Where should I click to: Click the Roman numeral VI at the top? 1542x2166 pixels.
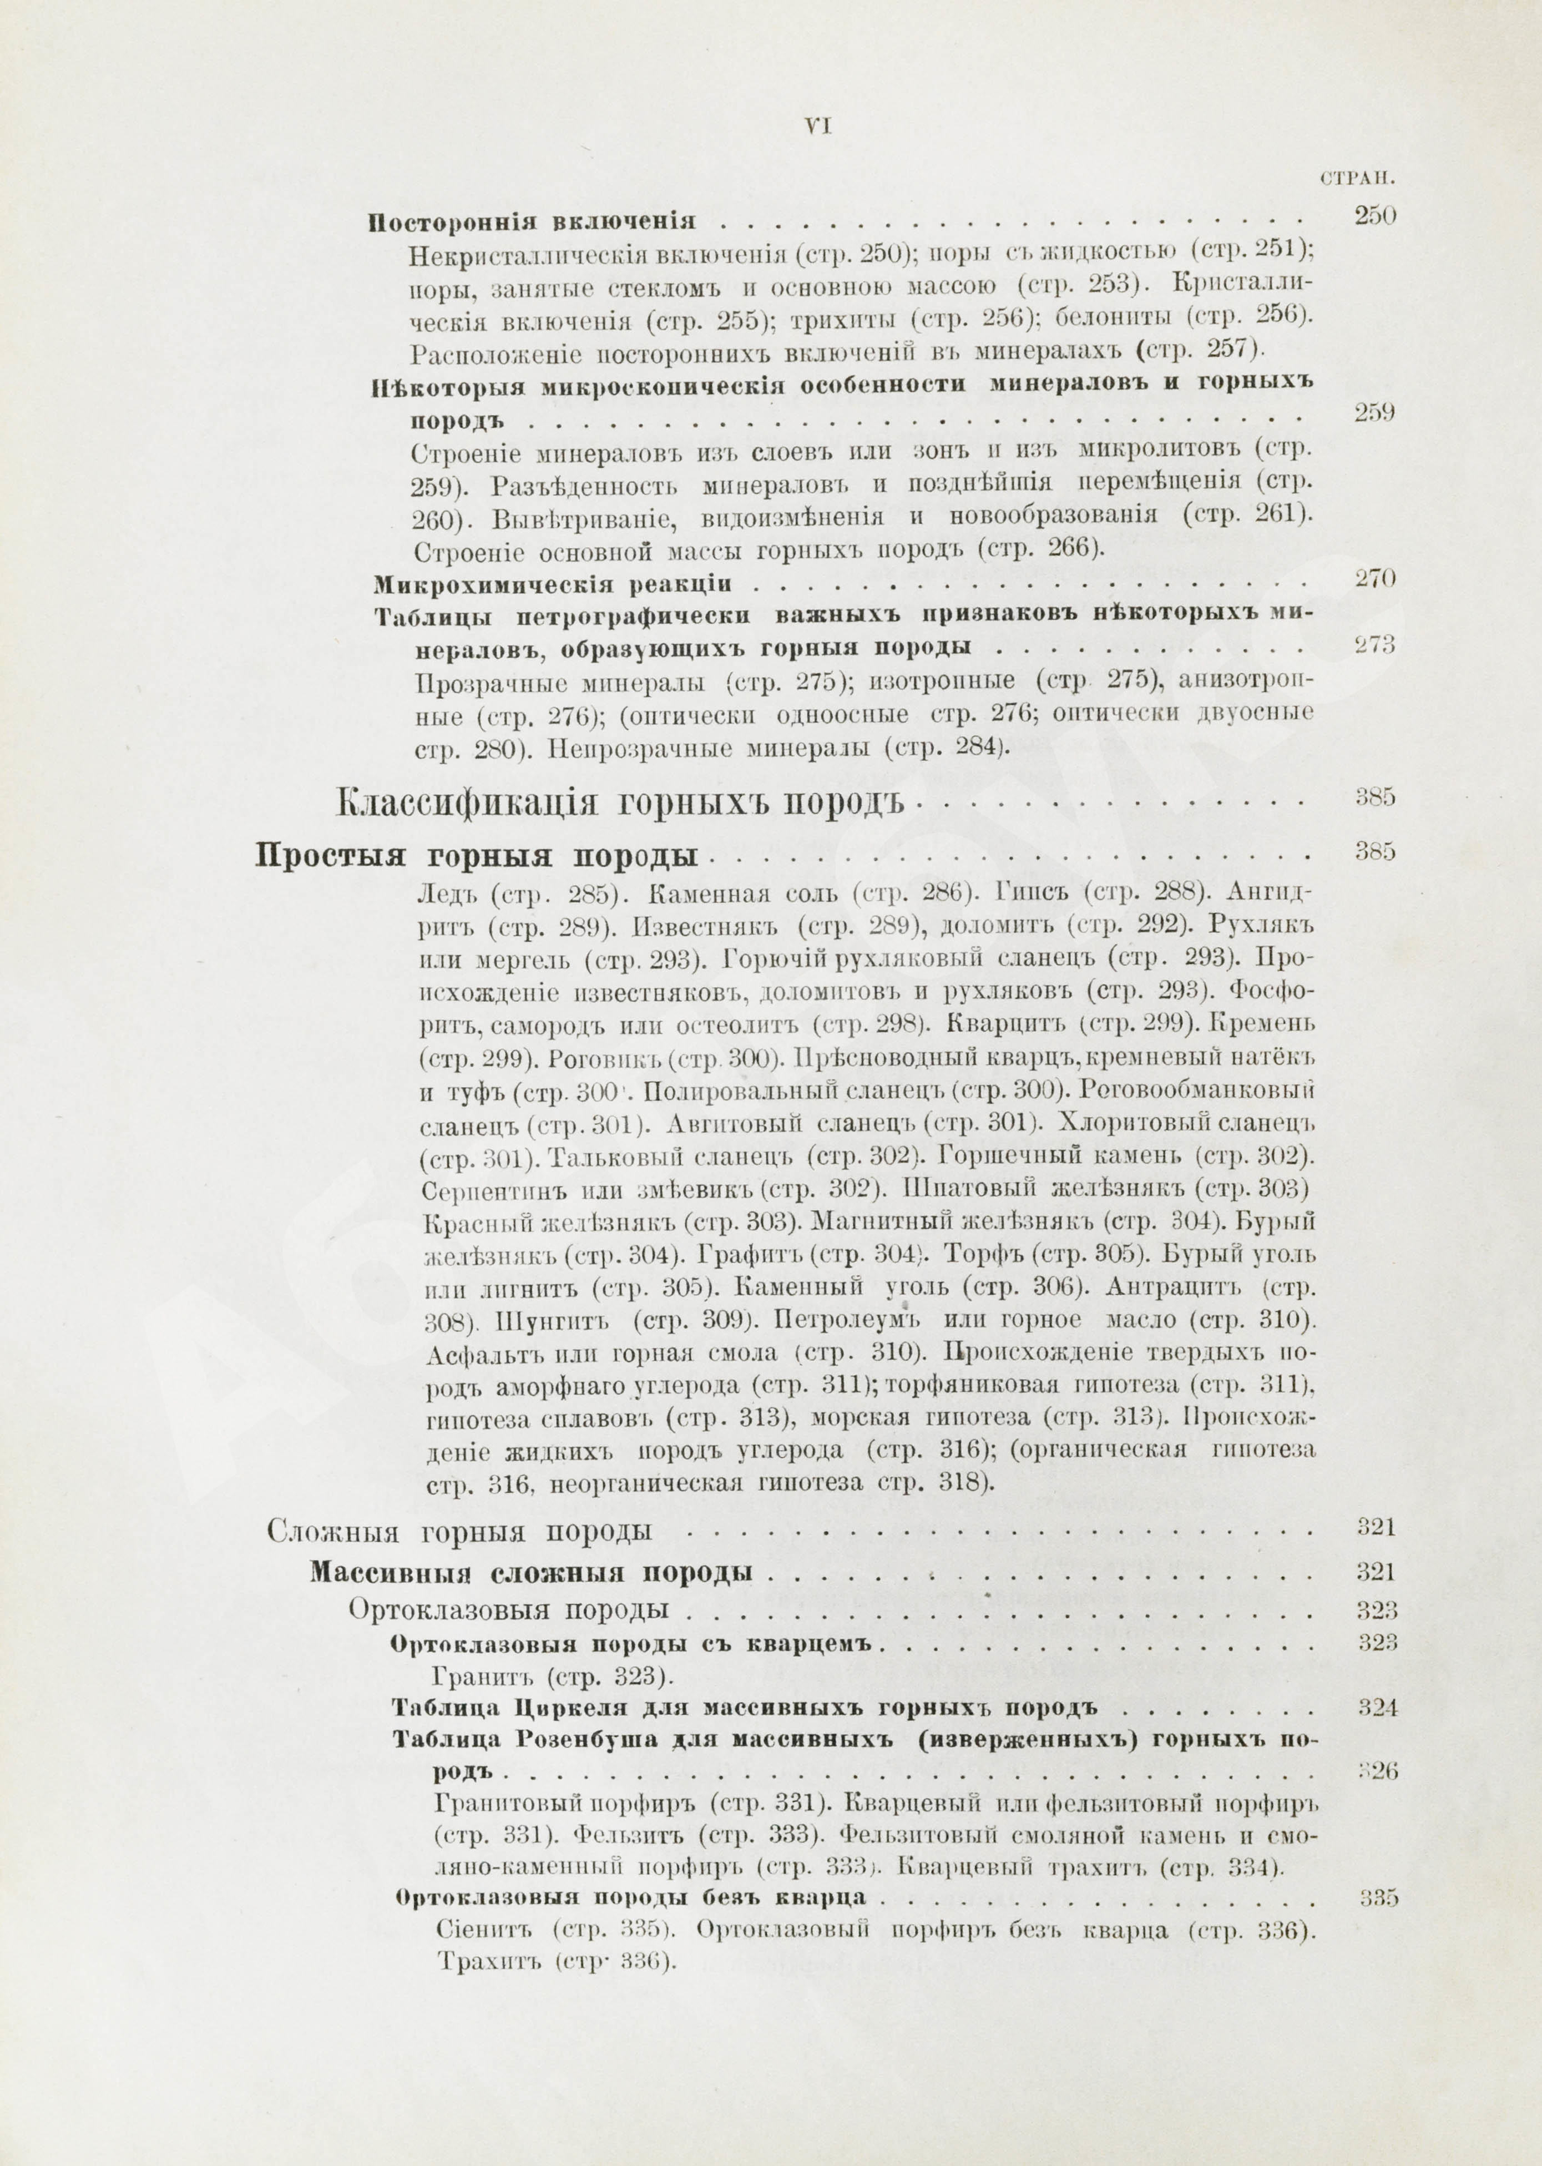point(817,127)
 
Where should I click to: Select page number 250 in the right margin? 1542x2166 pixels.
point(1374,215)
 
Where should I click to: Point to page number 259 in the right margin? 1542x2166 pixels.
point(1374,413)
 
